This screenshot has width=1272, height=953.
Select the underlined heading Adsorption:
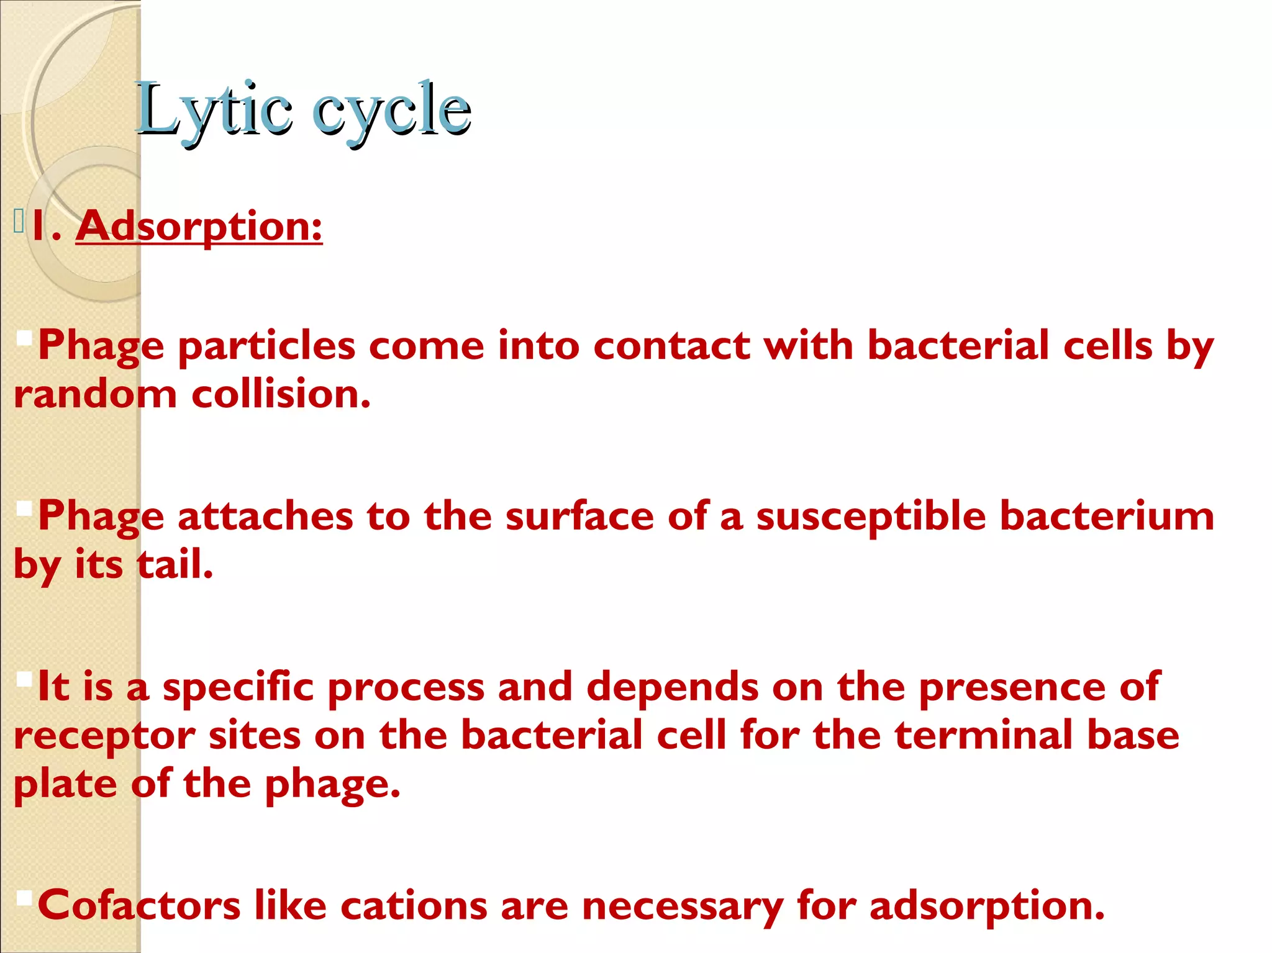tap(199, 226)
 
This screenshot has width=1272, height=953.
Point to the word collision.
tap(281, 394)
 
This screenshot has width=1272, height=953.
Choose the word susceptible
tap(870, 517)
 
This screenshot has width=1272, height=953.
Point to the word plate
tap(65, 785)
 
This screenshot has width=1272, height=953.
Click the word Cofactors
tap(139, 905)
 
